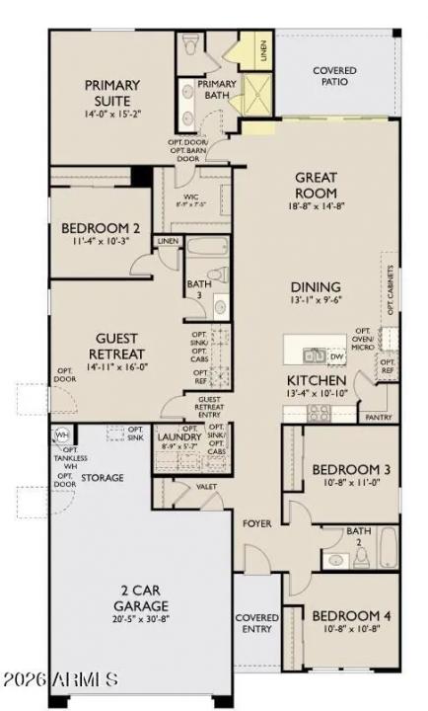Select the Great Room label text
316,185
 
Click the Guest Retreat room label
117,346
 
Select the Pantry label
379,418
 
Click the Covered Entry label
256,624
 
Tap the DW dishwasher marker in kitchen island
335,355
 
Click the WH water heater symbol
61,435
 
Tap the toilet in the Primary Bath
191,44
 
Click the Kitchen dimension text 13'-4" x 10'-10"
316,394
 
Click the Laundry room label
178,435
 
